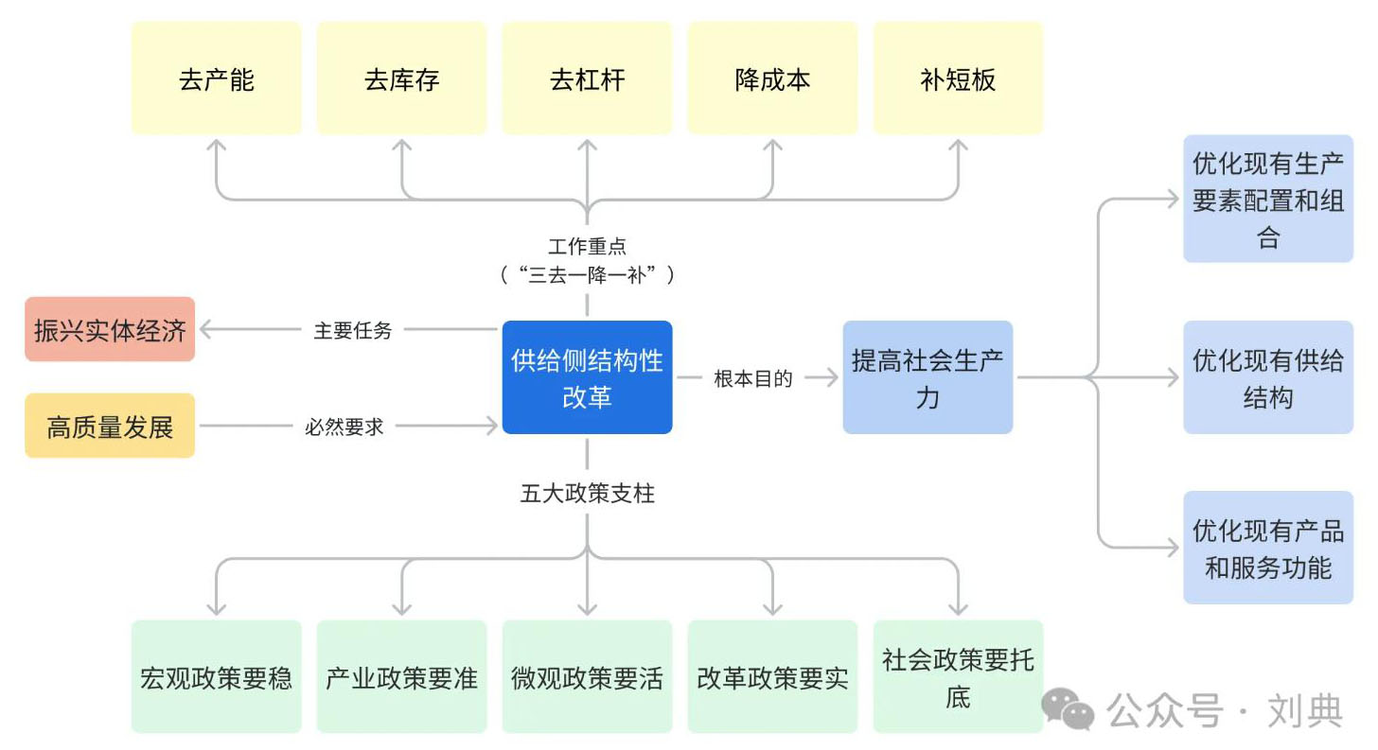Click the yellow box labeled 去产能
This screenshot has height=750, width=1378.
tap(217, 78)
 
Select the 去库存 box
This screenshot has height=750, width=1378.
tap(401, 78)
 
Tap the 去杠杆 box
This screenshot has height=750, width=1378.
tap(588, 78)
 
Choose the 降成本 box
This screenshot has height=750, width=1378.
tap(772, 78)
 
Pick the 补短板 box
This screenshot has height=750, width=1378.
tap(959, 78)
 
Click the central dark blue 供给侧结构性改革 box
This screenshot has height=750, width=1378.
tap(588, 377)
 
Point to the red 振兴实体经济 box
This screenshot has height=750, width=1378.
tap(110, 329)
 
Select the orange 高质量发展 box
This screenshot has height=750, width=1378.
tap(110, 426)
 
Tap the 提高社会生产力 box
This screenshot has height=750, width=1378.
tap(927, 377)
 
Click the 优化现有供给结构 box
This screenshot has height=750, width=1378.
tap(1268, 377)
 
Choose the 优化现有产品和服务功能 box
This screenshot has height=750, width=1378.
tap(1268, 548)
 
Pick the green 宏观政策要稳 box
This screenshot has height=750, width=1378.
tap(217, 677)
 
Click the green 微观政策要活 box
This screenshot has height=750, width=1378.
tap(588, 677)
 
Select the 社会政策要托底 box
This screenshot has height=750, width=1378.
tap(959, 677)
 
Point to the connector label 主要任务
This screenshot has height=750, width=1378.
tap(352, 330)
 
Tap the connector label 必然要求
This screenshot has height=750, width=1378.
tap(344, 427)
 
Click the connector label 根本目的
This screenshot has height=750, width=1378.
tap(753, 378)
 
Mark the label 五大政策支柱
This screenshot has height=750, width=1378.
tap(588, 493)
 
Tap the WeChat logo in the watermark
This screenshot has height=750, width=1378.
tap(1068, 708)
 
